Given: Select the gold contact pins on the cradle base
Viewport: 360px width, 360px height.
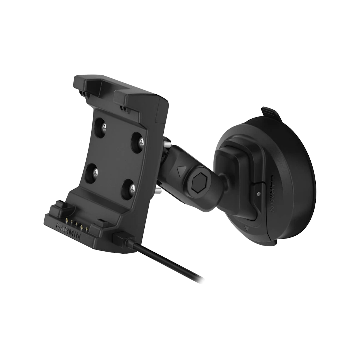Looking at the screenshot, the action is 76,225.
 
